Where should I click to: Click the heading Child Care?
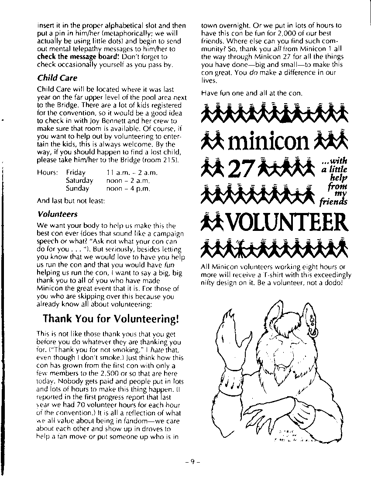[57, 78]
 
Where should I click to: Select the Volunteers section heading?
[57, 214]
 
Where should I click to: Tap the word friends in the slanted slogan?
[333, 202]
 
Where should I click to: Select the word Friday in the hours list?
[76, 173]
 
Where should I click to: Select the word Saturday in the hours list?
[79, 181]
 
